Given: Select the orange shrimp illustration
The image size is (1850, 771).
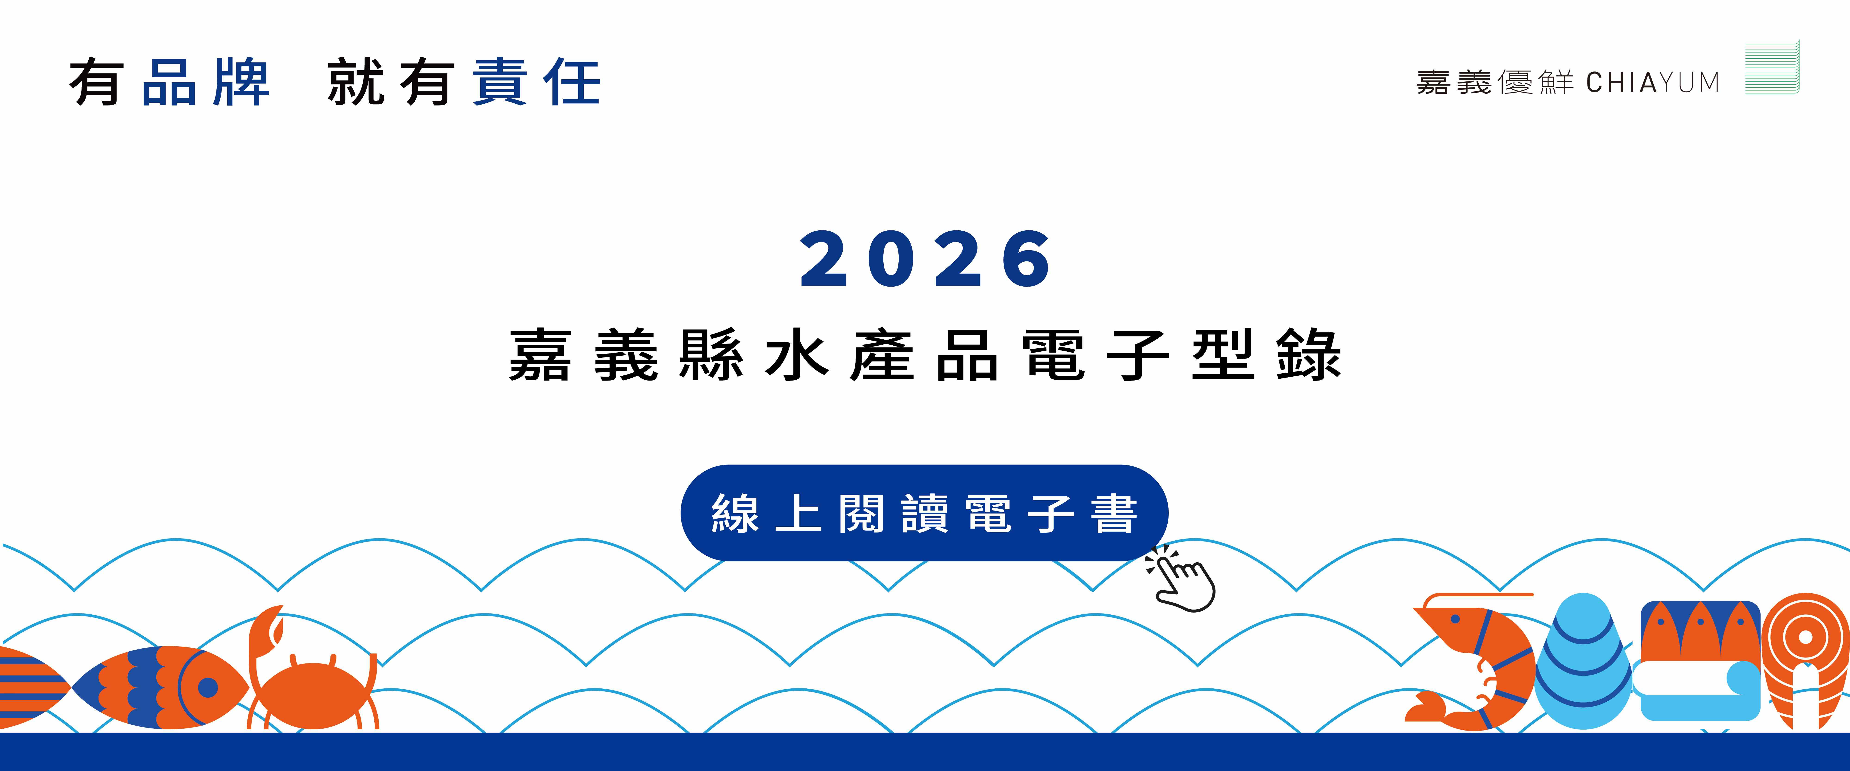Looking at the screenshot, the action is pos(1469,661).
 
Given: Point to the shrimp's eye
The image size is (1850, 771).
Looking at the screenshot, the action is pos(1455,619).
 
